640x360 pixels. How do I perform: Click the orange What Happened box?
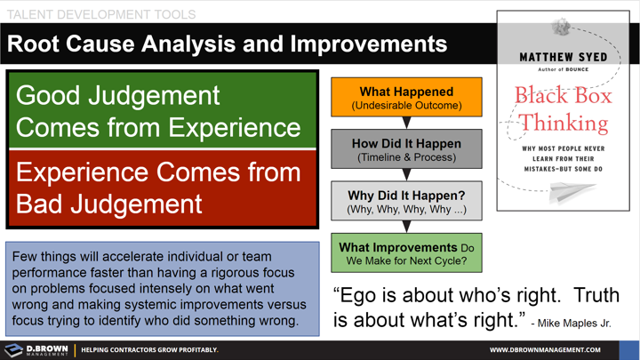pos(406,98)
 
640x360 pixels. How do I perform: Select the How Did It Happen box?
pos(406,149)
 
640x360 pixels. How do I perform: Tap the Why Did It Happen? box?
pos(406,202)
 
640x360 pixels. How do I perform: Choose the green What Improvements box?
pos(406,253)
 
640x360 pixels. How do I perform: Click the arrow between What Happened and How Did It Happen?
pos(406,123)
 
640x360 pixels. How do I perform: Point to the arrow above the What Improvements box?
pos(406,227)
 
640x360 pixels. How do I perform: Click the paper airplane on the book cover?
pos(569,190)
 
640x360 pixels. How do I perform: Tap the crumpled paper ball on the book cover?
pos(562,28)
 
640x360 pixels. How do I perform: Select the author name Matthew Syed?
pos(564,58)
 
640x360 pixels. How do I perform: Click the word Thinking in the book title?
pos(564,123)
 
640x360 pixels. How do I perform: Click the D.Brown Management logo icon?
pos(13,349)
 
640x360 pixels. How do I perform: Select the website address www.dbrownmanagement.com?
pos(550,350)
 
